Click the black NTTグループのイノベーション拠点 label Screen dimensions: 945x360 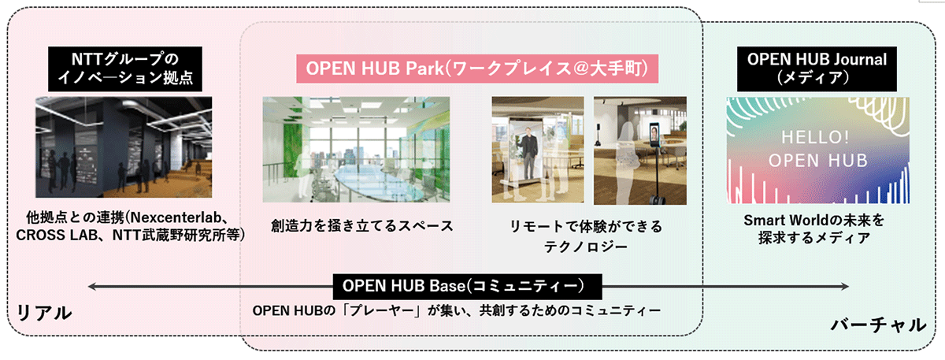125,69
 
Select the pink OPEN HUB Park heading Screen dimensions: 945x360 477,69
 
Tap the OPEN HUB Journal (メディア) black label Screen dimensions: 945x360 817,69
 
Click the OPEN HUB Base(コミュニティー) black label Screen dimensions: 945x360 468,287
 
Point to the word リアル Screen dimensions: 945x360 44,314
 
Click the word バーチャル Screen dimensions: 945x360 878,325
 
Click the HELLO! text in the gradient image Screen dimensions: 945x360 815,137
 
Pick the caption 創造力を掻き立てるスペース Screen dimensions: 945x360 362,226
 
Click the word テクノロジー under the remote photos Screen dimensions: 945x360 586,247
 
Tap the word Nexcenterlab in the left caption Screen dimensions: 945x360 176,217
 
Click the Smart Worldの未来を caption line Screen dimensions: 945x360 813,220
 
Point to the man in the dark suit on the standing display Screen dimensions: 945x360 528,158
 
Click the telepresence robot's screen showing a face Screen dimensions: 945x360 654,134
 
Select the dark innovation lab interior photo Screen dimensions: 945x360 124,147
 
